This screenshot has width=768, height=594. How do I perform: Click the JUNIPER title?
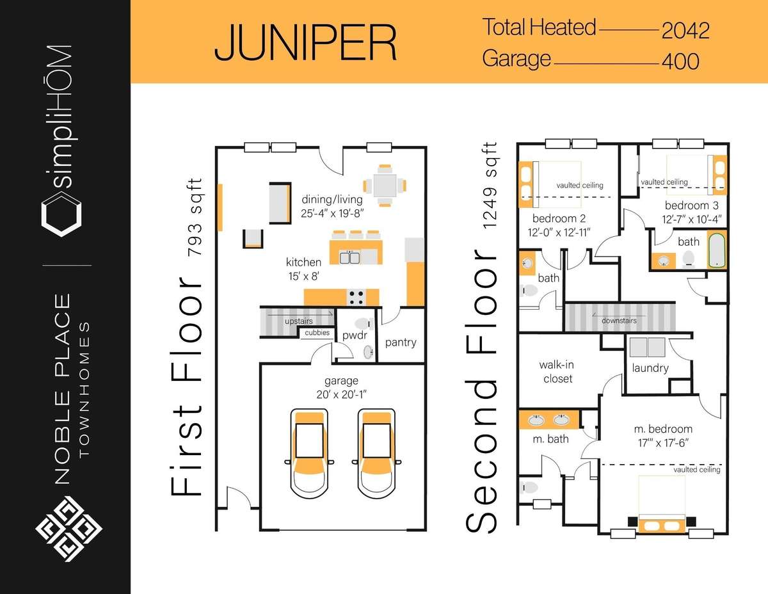(306, 42)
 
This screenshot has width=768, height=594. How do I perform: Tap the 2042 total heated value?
(685, 31)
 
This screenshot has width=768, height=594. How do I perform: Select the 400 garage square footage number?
(681, 61)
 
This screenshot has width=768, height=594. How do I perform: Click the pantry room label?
(401, 342)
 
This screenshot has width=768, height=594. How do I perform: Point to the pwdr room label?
(355, 335)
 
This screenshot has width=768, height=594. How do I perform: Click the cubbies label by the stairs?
(317, 332)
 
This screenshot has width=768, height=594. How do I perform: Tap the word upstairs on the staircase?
(299, 321)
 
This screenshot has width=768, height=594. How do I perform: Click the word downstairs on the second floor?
(620, 321)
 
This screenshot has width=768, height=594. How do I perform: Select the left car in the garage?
(309, 453)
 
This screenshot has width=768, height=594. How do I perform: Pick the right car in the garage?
(376, 453)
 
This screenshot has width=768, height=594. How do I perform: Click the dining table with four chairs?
(385, 186)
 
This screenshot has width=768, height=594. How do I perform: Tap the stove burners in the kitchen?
(356, 297)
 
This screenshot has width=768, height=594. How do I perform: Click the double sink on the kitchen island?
(349, 257)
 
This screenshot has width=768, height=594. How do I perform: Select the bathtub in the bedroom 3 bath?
(716, 250)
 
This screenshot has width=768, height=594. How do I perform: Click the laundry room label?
(650, 368)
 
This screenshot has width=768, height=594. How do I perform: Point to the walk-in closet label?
(557, 372)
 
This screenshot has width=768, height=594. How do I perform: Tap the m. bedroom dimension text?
(663, 443)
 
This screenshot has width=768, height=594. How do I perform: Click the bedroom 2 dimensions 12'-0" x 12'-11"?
(559, 232)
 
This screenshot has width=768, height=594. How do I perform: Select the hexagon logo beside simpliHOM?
(61, 214)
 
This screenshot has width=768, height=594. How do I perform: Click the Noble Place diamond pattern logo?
(68, 529)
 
